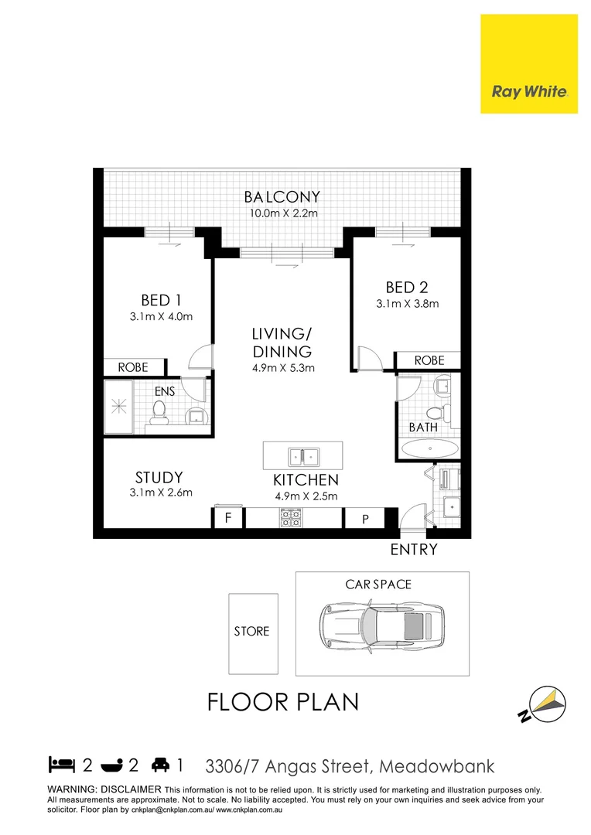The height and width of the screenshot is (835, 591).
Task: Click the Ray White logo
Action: pos(529,91)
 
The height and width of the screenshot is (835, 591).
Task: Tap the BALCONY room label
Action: pos(282,197)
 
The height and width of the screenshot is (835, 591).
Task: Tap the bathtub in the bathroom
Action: pos(429,449)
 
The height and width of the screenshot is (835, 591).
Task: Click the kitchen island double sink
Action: pos(302,454)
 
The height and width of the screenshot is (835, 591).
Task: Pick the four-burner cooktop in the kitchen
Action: pos(291,517)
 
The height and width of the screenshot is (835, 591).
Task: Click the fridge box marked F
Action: pos(228,518)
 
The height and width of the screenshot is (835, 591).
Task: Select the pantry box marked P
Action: pos(366,519)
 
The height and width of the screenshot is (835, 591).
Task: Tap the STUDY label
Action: pos(159,477)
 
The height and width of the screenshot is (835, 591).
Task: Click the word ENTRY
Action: pos(414,550)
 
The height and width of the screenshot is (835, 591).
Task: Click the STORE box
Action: pos(252,632)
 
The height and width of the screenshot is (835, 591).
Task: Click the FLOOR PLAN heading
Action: pos(283,702)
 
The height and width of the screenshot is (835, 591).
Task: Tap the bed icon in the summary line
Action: pos(61,766)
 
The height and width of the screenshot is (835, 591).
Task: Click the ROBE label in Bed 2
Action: pos(429,360)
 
